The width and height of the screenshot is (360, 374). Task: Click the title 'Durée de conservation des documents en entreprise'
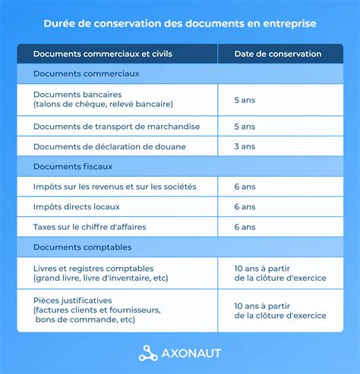click(180, 24)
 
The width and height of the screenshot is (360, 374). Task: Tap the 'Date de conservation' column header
click(277, 54)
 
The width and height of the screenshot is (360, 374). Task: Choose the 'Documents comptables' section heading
click(82, 247)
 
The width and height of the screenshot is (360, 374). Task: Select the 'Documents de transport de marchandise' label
click(106, 126)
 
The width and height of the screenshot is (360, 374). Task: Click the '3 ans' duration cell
click(245, 146)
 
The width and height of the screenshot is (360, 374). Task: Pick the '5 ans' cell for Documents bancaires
click(245, 99)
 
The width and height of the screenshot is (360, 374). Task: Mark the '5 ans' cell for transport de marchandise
click(245, 126)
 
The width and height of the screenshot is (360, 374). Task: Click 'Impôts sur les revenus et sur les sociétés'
click(115, 187)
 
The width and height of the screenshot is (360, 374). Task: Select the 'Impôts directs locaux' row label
click(77, 206)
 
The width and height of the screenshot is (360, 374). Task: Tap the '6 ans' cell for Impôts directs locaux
click(245, 206)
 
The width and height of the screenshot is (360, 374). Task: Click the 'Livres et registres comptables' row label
click(93, 269)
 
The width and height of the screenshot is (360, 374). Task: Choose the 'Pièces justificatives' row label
click(73, 300)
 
